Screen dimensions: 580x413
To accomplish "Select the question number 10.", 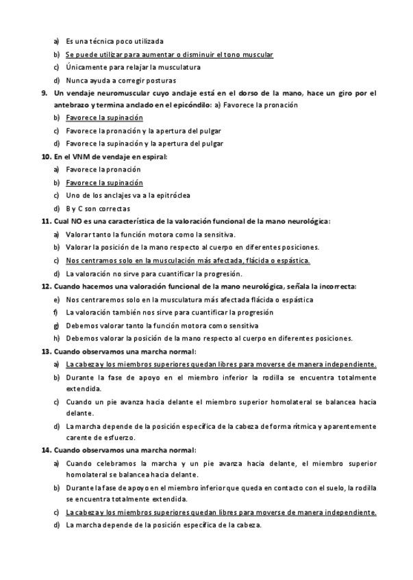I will (46, 157).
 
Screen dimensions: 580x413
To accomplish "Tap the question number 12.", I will (46, 287).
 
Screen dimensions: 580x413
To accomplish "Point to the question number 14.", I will (46, 449).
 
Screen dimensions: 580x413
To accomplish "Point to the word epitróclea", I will (172, 196).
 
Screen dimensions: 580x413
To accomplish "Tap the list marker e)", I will (56, 300).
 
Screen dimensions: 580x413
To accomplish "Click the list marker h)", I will (56, 339).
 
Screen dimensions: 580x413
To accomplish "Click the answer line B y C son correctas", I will (98, 209).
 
